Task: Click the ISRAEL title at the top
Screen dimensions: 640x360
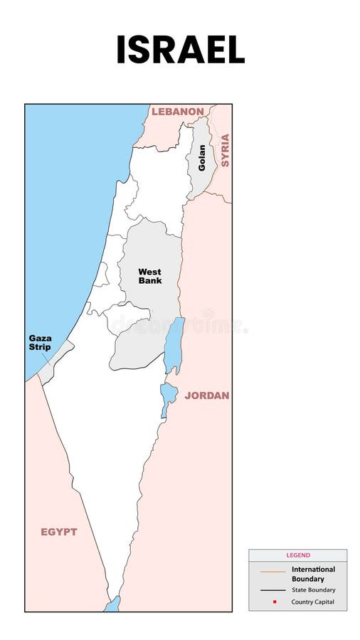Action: coord(180,49)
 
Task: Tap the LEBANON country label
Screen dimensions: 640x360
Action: coord(177,112)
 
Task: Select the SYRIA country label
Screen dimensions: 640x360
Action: coord(225,150)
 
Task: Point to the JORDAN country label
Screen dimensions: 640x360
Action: coord(207,395)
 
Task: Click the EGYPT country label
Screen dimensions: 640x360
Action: coord(59,532)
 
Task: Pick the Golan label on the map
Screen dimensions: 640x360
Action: coord(202,158)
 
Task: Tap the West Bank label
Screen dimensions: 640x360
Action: coord(149,276)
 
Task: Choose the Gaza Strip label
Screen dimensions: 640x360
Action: coord(40,342)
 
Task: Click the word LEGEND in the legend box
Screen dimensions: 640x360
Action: coord(298,555)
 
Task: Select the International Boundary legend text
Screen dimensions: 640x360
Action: coord(313,574)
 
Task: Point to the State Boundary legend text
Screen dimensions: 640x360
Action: coord(313,590)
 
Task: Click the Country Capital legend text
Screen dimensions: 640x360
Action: coord(312,602)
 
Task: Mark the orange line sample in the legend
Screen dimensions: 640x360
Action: coord(272,571)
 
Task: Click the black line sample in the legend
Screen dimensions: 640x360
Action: coord(272,590)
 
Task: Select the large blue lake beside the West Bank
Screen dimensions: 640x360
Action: coord(174,345)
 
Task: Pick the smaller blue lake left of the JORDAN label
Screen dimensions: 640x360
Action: coord(168,395)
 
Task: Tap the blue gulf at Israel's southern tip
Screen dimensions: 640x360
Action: coord(112,605)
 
